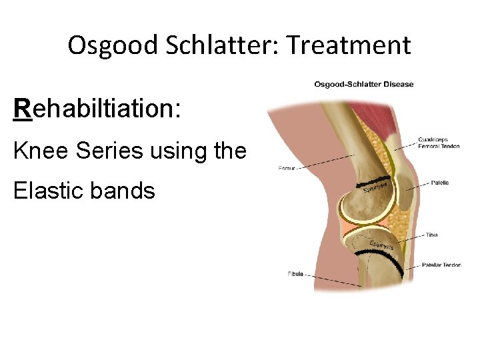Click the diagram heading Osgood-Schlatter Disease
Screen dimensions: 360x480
tap(364, 84)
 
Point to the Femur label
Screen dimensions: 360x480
tap(286, 169)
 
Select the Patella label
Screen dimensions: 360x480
tap(439, 182)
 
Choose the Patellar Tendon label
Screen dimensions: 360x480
tap(441, 265)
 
